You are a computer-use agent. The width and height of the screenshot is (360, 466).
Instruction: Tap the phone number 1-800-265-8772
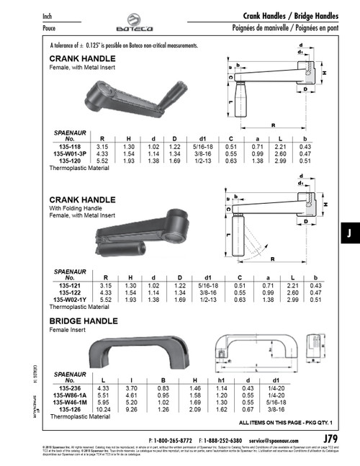[x=172, y=439]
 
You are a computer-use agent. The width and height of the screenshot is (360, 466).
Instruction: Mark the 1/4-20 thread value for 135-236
[x=274, y=388]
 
